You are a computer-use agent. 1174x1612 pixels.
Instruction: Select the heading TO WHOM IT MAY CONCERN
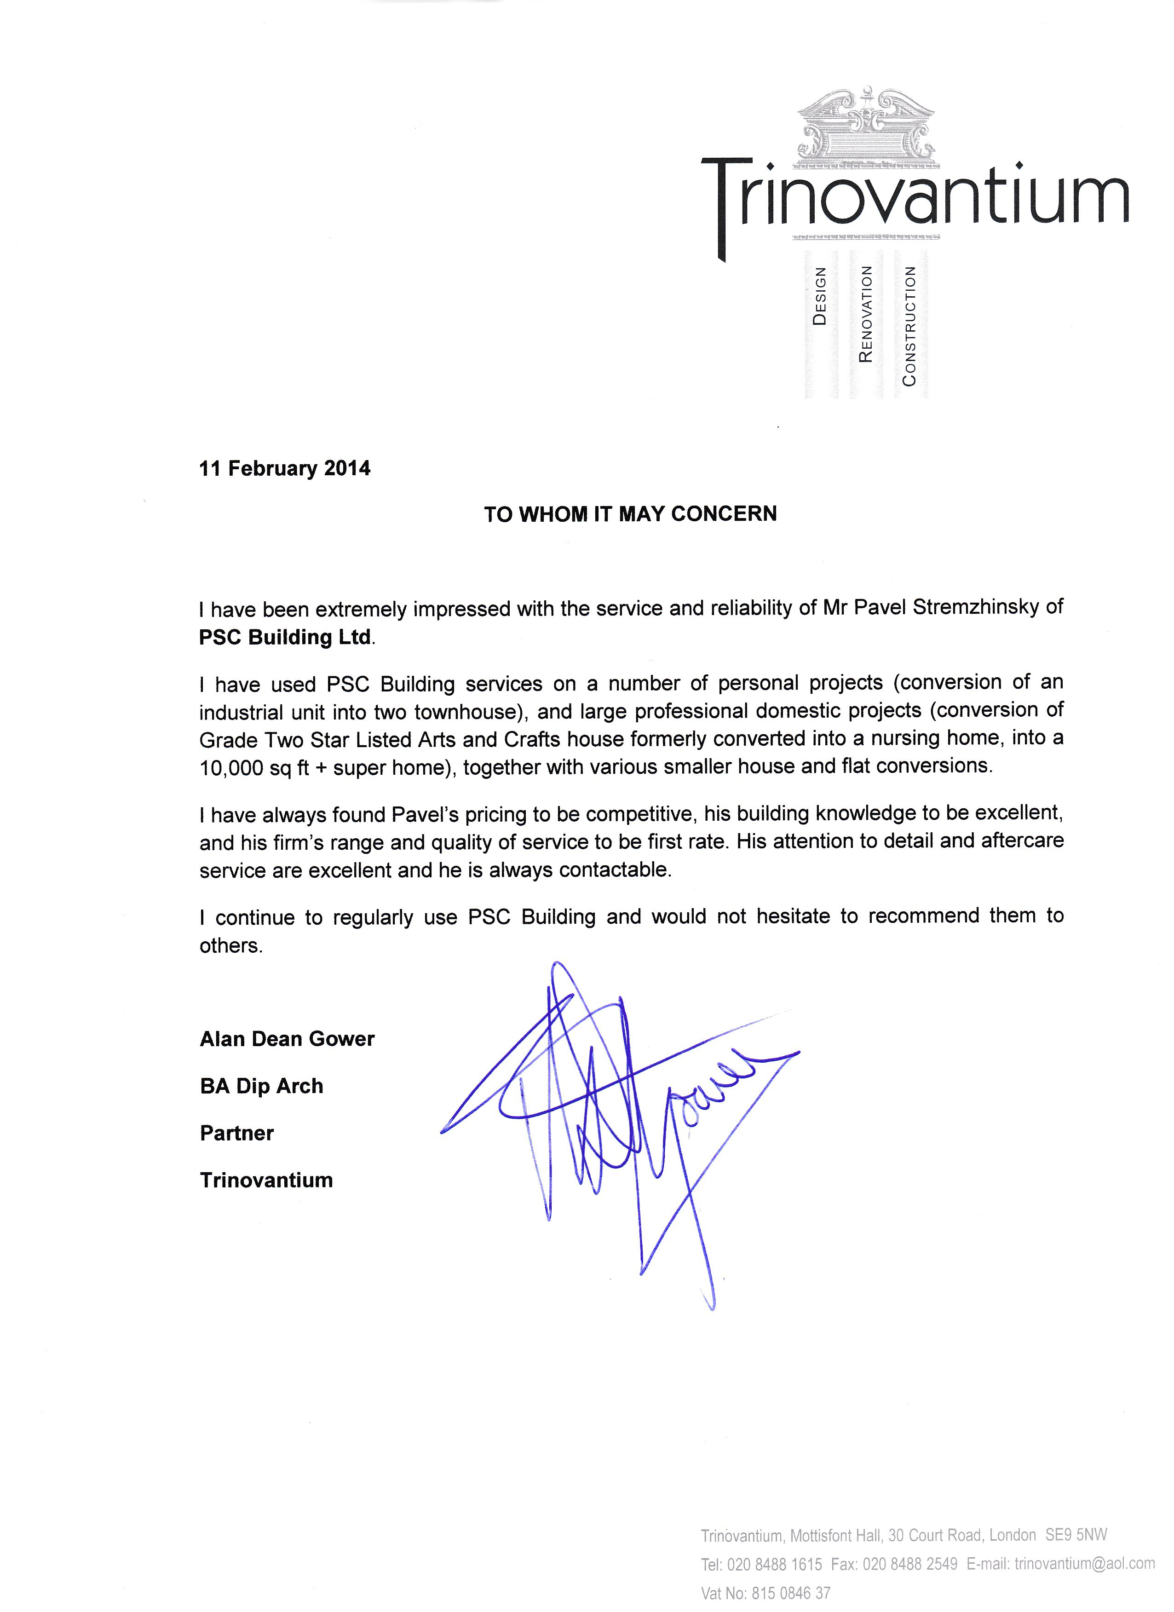[x=630, y=514]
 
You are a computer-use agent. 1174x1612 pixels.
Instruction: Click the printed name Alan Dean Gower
[x=287, y=1039]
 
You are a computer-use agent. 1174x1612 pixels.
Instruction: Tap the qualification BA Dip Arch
[x=261, y=1086]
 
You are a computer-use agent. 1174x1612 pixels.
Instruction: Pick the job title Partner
[x=236, y=1133]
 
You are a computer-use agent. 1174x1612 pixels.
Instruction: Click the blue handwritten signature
[x=618, y=1109]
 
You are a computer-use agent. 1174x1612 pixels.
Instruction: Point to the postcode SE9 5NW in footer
[x=1075, y=1535]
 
